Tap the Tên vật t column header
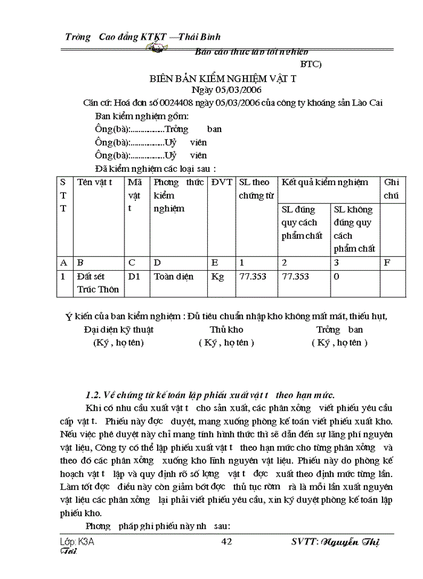tap(95, 182)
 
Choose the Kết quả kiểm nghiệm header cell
tap(325, 182)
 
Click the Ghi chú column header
tap(392, 189)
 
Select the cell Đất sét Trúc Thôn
tap(95, 283)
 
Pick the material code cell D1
tap(134, 276)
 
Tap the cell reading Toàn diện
tap(173, 276)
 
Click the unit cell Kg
tap(217, 276)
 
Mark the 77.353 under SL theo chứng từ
tap(253, 276)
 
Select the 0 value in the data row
tap(337, 276)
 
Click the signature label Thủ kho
tap(227, 330)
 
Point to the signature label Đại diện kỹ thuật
tap(118, 330)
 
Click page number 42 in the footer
tap(227, 542)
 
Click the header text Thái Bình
tap(201, 37)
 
